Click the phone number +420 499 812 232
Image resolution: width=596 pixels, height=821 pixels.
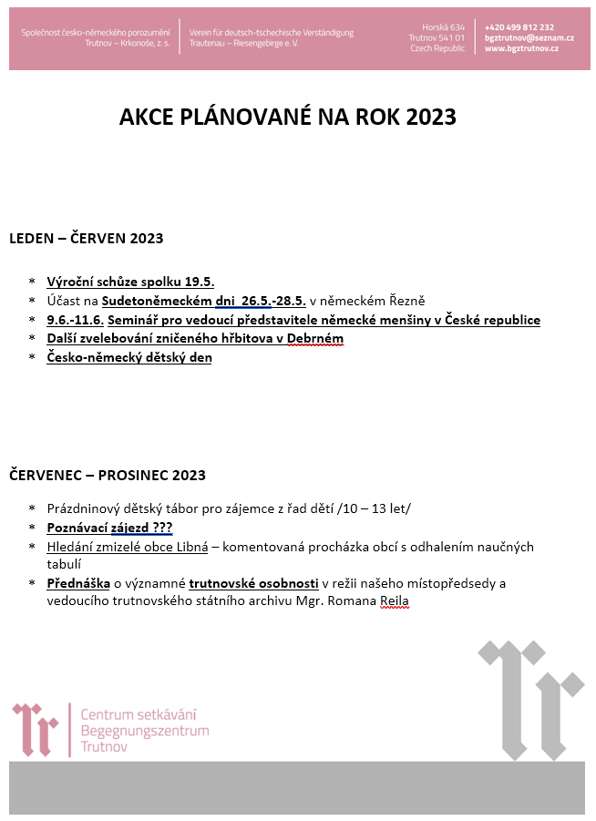point(519,27)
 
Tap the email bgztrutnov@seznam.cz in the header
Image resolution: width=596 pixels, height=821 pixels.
point(529,38)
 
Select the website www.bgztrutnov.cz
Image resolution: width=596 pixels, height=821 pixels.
point(521,48)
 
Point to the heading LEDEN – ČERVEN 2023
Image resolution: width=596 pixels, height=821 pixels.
point(86,239)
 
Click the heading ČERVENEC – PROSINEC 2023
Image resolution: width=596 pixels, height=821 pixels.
point(108,475)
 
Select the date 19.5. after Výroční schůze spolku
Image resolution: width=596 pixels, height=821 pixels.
point(200,282)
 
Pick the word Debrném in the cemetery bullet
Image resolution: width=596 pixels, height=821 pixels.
point(316,339)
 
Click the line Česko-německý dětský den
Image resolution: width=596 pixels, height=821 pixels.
point(129,358)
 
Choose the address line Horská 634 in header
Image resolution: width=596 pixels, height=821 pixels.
point(444,27)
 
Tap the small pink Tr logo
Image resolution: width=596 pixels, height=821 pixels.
point(36,729)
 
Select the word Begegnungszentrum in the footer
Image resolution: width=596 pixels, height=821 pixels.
point(145,731)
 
